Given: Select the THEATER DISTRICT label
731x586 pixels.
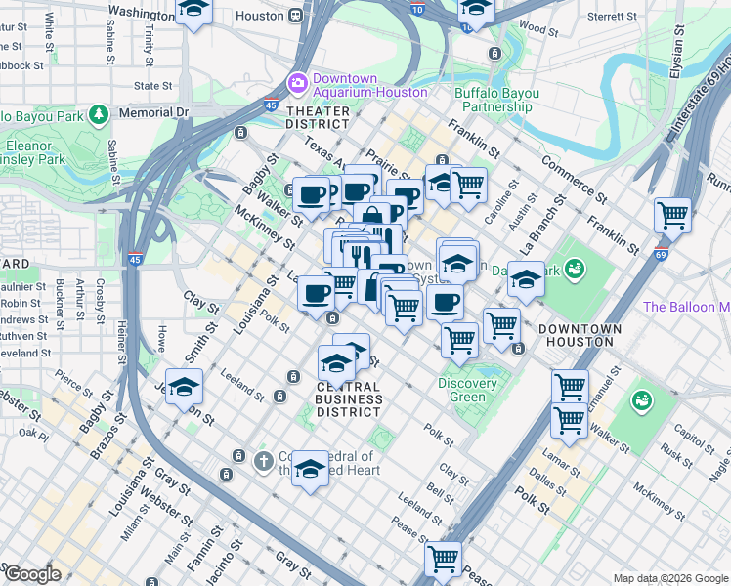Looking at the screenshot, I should tap(318, 118).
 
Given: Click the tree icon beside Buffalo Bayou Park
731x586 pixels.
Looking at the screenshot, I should tap(98, 115).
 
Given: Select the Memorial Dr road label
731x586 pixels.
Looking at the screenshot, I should tap(152, 112).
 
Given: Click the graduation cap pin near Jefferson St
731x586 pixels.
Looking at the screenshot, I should tap(184, 388).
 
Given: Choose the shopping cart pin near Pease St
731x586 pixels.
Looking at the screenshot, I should tap(443, 559).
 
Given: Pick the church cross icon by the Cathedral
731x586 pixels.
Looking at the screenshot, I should tap(262, 460).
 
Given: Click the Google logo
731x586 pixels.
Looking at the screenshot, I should tap(31, 574).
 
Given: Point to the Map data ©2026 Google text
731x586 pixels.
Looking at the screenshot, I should tap(670, 578).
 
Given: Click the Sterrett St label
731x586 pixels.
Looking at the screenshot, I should tap(612, 16).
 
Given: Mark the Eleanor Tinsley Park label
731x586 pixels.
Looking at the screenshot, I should tap(34, 152).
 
